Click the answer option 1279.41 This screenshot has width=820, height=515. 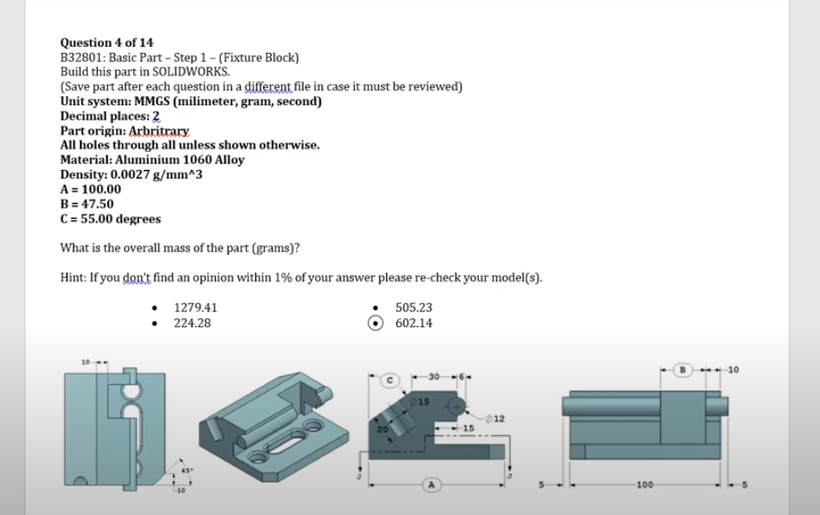[195, 307]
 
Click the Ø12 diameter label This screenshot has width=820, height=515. [498, 418]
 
